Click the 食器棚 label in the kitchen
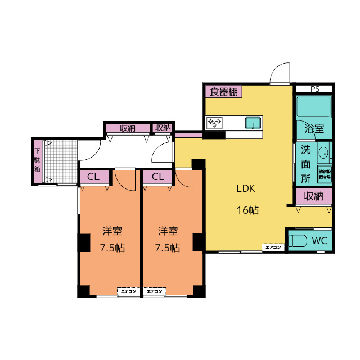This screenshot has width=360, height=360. click(x=223, y=92)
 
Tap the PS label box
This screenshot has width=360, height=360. click(x=314, y=89)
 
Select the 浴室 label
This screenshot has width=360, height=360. click(x=313, y=128)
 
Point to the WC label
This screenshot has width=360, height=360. click(x=319, y=240)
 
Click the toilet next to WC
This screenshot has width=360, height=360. click(x=298, y=241)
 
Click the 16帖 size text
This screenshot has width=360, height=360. click(x=247, y=210)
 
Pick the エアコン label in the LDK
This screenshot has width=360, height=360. click(x=273, y=247)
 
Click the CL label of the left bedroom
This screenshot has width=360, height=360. click(x=94, y=177)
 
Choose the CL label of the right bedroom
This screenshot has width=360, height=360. click(x=158, y=177)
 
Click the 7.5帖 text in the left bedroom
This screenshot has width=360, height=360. click(x=112, y=247)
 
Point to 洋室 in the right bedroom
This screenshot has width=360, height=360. click(x=168, y=231)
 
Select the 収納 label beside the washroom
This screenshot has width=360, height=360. click(x=314, y=196)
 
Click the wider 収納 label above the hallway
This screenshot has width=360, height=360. click(x=128, y=128)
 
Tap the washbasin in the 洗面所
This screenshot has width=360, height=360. click(x=324, y=153)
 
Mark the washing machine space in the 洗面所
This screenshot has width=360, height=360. click(x=325, y=173)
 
